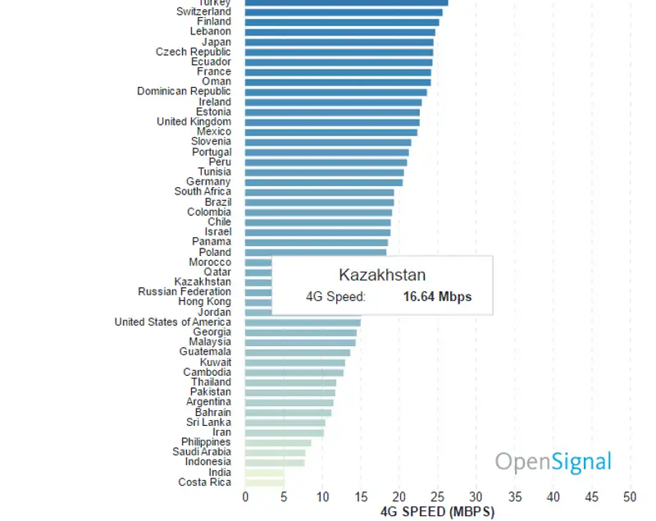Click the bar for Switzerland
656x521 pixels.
coord(344,12)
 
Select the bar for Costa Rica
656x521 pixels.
coord(264,482)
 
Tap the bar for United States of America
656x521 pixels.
coord(303,322)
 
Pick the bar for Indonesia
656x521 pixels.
coord(275,462)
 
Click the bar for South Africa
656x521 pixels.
coord(319,192)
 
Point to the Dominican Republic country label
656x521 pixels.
coord(184,92)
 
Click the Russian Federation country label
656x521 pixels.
coord(184,292)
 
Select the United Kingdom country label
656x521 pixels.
coord(194,122)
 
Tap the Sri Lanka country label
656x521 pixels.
coord(208,423)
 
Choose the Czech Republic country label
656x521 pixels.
coord(194,52)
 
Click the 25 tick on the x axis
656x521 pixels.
coord(438,496)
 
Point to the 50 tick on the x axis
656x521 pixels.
coord(630,496)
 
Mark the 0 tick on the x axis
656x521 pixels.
coord(245,496)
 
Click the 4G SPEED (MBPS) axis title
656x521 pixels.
coord(438,512)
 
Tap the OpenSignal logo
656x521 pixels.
coord(553,462)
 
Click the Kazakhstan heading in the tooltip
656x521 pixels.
coord(382,275)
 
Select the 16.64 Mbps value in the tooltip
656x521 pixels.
coord(437,297)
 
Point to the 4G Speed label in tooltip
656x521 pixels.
coord(336,297)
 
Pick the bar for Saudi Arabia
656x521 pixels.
coord(275,452)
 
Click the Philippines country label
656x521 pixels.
coord(206,442)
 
